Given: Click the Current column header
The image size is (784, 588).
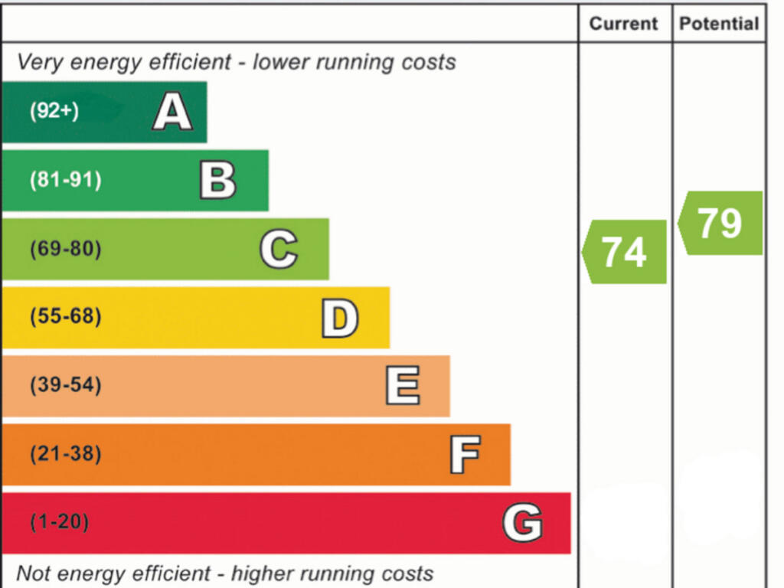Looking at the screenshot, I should [624, 24].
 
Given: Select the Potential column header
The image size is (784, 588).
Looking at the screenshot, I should [719, 24].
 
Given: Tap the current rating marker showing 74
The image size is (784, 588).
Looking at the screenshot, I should [625, 252].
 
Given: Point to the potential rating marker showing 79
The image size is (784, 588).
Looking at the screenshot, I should [720, 223].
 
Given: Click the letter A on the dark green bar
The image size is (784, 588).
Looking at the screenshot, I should [172, 112].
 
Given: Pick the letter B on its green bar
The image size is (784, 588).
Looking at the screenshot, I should [218, 181].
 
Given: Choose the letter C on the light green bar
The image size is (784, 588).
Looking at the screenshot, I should [279, 250].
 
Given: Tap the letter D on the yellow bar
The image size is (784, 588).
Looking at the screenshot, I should [339, 318].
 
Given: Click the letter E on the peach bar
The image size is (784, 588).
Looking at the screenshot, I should [402, 386].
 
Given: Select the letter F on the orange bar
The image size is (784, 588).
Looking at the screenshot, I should [465, 455].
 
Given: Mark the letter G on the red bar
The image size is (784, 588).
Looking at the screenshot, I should [522, 524].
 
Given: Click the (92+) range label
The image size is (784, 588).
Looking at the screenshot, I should [54, 111].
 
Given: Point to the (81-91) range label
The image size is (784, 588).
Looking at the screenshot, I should [65, 181].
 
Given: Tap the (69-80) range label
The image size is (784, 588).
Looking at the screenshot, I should [65, 250].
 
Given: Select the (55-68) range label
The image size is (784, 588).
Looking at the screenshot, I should [65, 316].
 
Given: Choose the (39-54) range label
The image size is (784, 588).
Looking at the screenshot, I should [65, 385].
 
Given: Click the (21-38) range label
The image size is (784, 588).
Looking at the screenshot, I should [65, 454].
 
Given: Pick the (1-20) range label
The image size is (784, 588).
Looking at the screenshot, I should [59, 523].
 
